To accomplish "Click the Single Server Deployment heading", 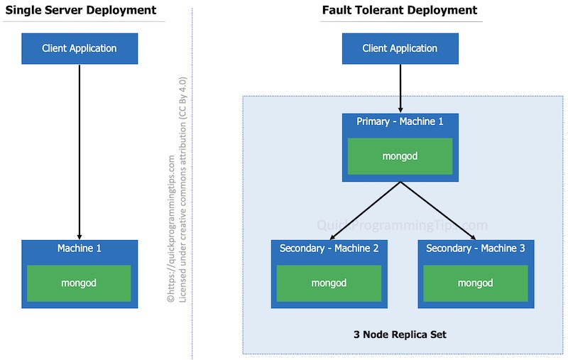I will [80, 10].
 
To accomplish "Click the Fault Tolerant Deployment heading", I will [399, 10].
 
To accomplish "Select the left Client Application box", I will [80, 48].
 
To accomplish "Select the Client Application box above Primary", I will [400, 48].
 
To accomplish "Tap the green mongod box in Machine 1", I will [79, 283].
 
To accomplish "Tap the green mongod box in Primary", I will [400, 156].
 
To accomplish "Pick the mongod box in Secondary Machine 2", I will [329, 283].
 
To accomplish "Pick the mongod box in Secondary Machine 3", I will [476, 283].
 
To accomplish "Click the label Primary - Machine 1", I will [400, 122].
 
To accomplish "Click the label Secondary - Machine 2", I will [329, 249].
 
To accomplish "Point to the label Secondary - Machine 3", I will [476, 249].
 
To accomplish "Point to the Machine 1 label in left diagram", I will [79, 249].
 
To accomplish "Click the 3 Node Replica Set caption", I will [400, 334].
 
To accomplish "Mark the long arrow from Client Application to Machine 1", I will [80, 149].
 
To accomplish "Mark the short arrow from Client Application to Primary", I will [400, 89].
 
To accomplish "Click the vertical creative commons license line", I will [182, 192].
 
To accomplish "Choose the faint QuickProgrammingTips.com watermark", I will [401, 226].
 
